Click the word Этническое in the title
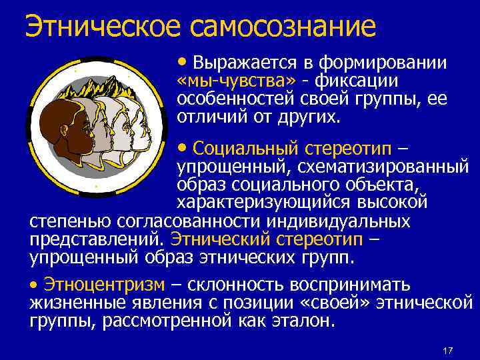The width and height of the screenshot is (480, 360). [103, 27]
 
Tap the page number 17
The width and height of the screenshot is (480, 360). [448, 351]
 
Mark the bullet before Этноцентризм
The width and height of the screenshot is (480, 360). [35, 285]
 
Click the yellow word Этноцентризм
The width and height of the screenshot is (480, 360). [104, 285]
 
